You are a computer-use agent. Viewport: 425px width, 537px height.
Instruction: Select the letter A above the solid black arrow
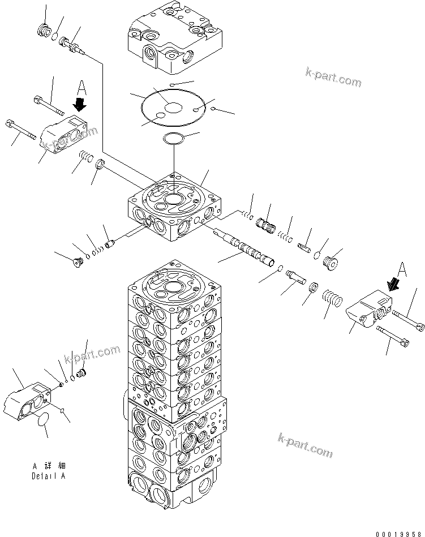[82, 88]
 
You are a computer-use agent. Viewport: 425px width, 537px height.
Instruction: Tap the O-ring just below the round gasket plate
[172, 138]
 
